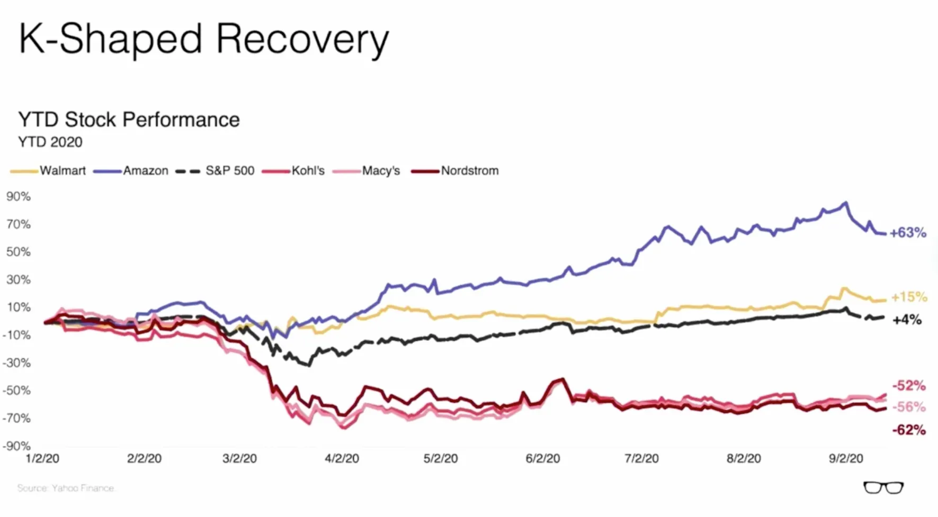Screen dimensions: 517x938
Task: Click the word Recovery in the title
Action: coord(302,40)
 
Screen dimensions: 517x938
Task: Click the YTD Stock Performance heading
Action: coord(129,120)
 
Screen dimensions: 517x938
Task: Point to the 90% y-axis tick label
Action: coord(19,196)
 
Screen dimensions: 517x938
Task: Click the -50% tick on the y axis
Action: coord(17,391)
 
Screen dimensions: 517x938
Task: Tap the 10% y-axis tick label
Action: coord(19,307)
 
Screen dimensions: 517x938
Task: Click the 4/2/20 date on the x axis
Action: coord(342,458)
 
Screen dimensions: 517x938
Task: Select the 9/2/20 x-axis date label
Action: coord(846,458)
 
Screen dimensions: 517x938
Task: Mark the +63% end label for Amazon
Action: coord(908,233)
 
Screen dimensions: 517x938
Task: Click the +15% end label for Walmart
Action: coord(909,297)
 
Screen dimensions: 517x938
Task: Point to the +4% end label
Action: coord(907,320)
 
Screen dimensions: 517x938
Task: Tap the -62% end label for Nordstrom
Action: coord(909,430)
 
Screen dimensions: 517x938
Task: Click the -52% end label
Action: coord(909,385)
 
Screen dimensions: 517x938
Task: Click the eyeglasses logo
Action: coord(883,487)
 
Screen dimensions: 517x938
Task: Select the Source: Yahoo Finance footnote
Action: coord(66,488)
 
